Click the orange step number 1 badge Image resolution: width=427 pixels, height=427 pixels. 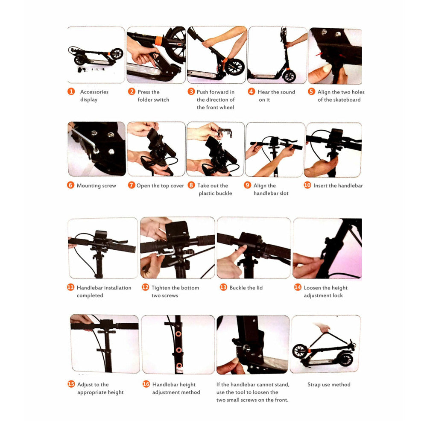[71, 91]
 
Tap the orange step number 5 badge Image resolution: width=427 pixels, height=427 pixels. [312, 91]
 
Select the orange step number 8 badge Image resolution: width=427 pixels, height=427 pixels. [191, 185]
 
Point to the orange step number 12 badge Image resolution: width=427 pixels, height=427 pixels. [146, 287]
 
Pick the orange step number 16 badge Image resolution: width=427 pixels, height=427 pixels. [146, 384]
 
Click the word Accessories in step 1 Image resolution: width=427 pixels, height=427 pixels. [94, 92]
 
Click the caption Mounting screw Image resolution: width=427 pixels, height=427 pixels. [97, 186]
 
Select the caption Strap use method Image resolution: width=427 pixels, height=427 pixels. [329, 385]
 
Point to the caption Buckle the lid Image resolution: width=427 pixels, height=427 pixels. [246, 287]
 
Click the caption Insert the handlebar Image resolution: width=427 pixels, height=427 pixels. [338, 185]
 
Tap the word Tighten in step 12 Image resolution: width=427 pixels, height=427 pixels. [161, 288]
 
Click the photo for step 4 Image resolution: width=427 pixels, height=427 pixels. [277, 55]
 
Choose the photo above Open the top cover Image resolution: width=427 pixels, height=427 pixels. [156, 149]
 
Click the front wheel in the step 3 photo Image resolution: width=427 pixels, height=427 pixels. [234, 67]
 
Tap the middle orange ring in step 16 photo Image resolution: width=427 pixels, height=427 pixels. [179, 350]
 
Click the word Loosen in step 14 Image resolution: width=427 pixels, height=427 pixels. [313, 288]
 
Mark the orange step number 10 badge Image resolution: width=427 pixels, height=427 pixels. [307, 185]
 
